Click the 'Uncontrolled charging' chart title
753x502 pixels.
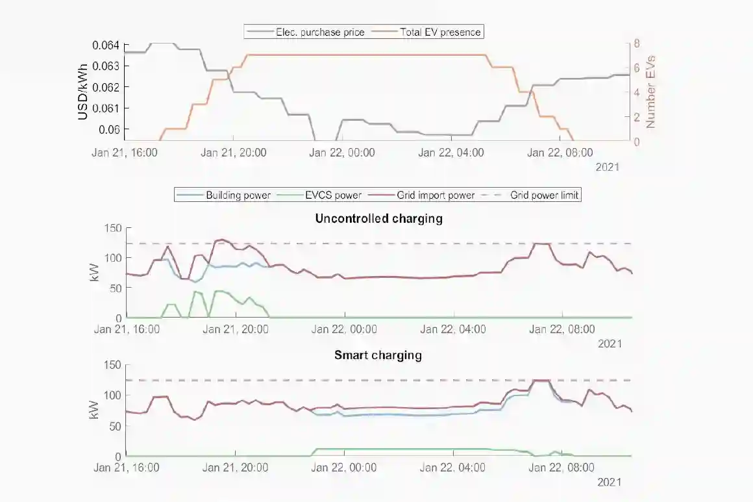378,218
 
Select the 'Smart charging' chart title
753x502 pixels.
378,355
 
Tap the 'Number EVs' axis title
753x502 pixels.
651,92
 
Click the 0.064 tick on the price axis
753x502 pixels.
106,45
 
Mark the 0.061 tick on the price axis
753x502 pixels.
106,108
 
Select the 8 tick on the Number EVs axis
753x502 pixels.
637,44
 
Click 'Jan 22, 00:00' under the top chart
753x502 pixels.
342,153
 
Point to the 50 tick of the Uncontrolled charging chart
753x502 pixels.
115,288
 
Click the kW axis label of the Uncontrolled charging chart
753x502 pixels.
95,273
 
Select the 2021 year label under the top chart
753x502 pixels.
608,167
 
